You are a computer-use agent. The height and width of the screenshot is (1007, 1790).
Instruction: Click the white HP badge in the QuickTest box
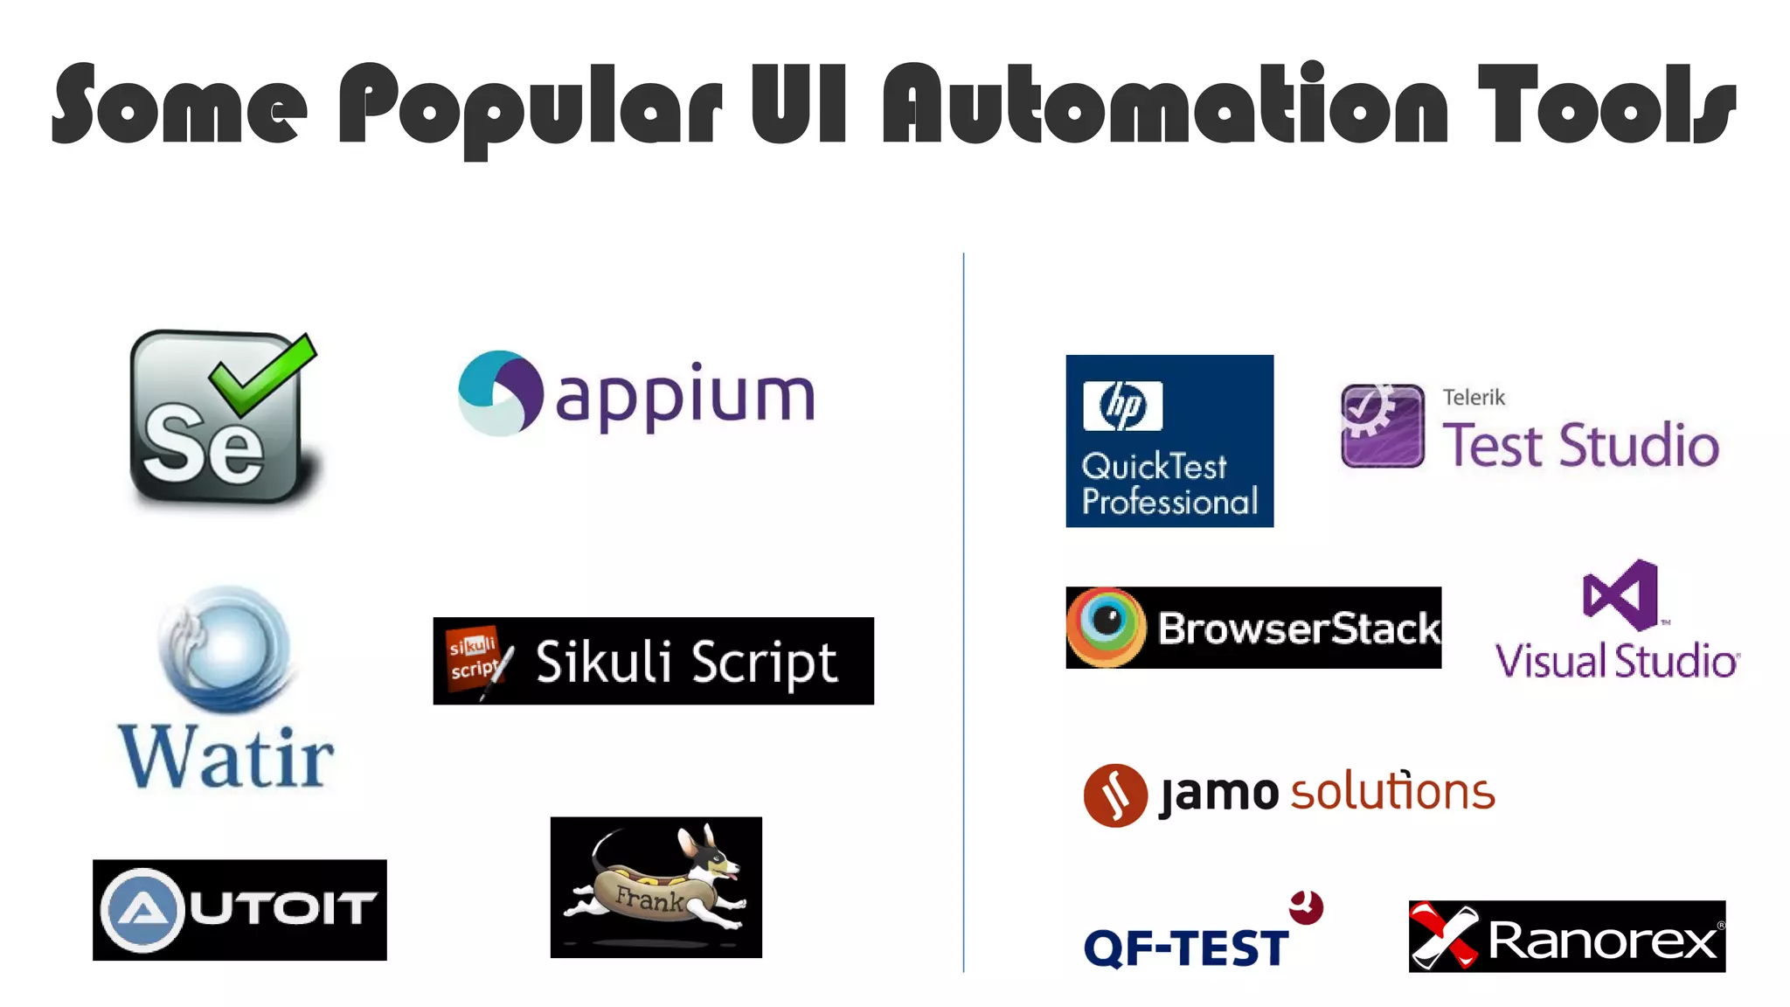pyautogui.click(x=1122, y=406)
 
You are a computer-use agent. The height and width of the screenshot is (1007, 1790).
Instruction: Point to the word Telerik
pyautogui.click(x=1474, y=398)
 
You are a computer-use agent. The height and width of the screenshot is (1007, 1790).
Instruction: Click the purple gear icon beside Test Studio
pyautogui.click(x=1382, y=426)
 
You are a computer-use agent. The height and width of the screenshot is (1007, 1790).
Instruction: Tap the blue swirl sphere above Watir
pyautogui.click(x=227, y=648)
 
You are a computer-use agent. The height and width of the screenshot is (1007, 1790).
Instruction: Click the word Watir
pyautogui.click(x=226, y=757)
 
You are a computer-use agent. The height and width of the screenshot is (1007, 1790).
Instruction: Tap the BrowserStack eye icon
pyautogui.click(x=1106, y=626)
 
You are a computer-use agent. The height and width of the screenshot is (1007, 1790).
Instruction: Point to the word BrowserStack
pyautogui.click(x=1299, y=629)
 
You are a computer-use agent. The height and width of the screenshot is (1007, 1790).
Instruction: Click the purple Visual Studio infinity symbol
pyautogui.click(x=1620, y=595)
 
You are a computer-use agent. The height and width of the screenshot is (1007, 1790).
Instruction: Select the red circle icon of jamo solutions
pyautogui.click(x=1115, y=795)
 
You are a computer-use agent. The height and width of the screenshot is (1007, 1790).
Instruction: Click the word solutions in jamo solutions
pyautogui.click(x=1392, y=792)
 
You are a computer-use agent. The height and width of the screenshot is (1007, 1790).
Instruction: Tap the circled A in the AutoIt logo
pyautogui.click(x=142, y=910)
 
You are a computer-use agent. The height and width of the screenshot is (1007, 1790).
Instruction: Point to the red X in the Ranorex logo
pyautogui.click(x=1442, y=936)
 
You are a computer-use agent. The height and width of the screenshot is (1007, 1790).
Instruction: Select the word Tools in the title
pyautogui.click(x=1606, y=105)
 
